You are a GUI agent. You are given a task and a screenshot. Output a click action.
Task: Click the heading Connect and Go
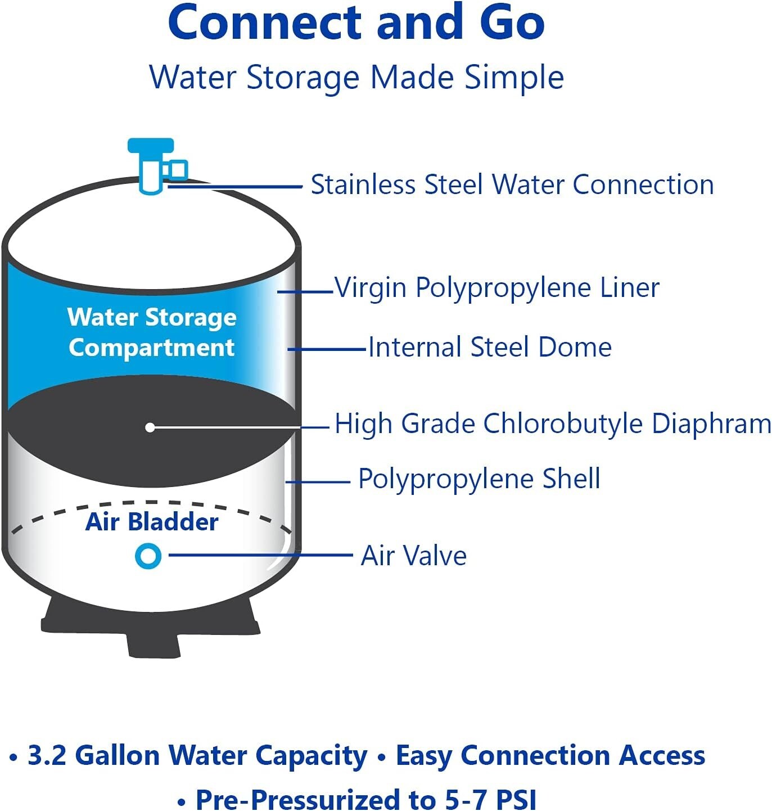coord(356,22)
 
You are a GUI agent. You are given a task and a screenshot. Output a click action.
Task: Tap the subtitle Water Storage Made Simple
coord(356,77)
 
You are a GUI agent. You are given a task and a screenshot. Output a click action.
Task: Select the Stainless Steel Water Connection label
coord(512,184)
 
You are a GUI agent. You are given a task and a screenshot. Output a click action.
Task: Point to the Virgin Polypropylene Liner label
coord(497,287)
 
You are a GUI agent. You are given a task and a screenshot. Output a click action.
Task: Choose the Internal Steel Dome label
coord(490,347)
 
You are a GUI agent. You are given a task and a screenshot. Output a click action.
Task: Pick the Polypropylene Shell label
coord(479,479)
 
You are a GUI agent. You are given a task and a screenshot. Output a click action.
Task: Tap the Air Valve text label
coord(414,555)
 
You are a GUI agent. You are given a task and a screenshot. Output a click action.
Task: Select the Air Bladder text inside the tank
coord(152,521)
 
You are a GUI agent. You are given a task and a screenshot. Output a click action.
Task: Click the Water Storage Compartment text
coord(152,332)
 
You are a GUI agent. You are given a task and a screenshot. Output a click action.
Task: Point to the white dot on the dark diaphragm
coord(150,427)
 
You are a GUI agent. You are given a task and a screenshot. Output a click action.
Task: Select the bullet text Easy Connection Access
coord(550,755)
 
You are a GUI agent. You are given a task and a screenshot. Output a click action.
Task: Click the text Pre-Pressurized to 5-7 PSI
coord(366,799)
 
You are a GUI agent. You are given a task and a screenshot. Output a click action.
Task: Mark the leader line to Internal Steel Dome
coord(327,349)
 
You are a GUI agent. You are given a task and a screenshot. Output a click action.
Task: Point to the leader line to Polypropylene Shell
coord(318,481)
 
